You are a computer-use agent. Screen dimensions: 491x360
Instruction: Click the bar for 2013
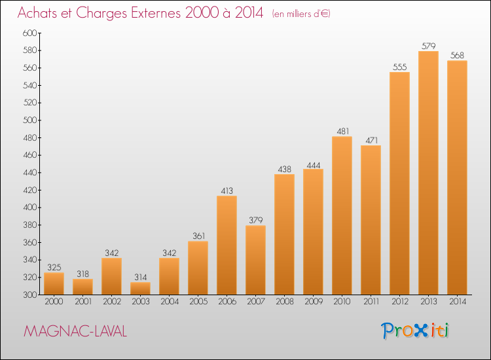(x=428, y=173)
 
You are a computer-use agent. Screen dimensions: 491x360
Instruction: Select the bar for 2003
(x=140, y=288)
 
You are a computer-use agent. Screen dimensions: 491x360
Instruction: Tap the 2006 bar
(x=227, y=245)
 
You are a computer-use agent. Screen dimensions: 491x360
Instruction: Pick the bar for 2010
(x=342, y=215)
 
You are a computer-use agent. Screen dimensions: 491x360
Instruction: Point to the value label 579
(x=428, y=46)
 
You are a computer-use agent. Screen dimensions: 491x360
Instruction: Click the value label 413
(x=227, y=190)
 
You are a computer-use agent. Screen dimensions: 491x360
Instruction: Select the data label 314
(x=140, y=277)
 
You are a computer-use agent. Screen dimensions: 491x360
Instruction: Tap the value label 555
(x=399, y=67)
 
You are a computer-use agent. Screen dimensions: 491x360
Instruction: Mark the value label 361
(x=198, y=236)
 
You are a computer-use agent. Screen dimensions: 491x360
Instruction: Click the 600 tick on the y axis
(x=30, y=33)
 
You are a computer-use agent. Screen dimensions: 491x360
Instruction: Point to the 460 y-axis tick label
(x=30, y=155)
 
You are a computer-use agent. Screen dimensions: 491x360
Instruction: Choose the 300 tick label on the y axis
(x=30, y=295)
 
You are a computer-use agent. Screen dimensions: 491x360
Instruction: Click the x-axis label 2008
(x=284, y=301)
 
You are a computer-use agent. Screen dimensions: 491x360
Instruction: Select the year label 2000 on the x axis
(x=54, y=301)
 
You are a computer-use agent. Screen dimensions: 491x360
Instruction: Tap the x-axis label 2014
(x=458, y=301)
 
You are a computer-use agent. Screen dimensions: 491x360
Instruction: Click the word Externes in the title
(x=156, y=13)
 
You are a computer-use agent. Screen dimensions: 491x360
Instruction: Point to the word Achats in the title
(x=37, y=13)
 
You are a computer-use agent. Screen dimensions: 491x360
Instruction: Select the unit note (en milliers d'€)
(x=301, y=14)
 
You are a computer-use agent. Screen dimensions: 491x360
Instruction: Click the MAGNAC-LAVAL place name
(x=75, y=331)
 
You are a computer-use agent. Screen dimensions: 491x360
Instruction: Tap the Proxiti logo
(x=415, y=331)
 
